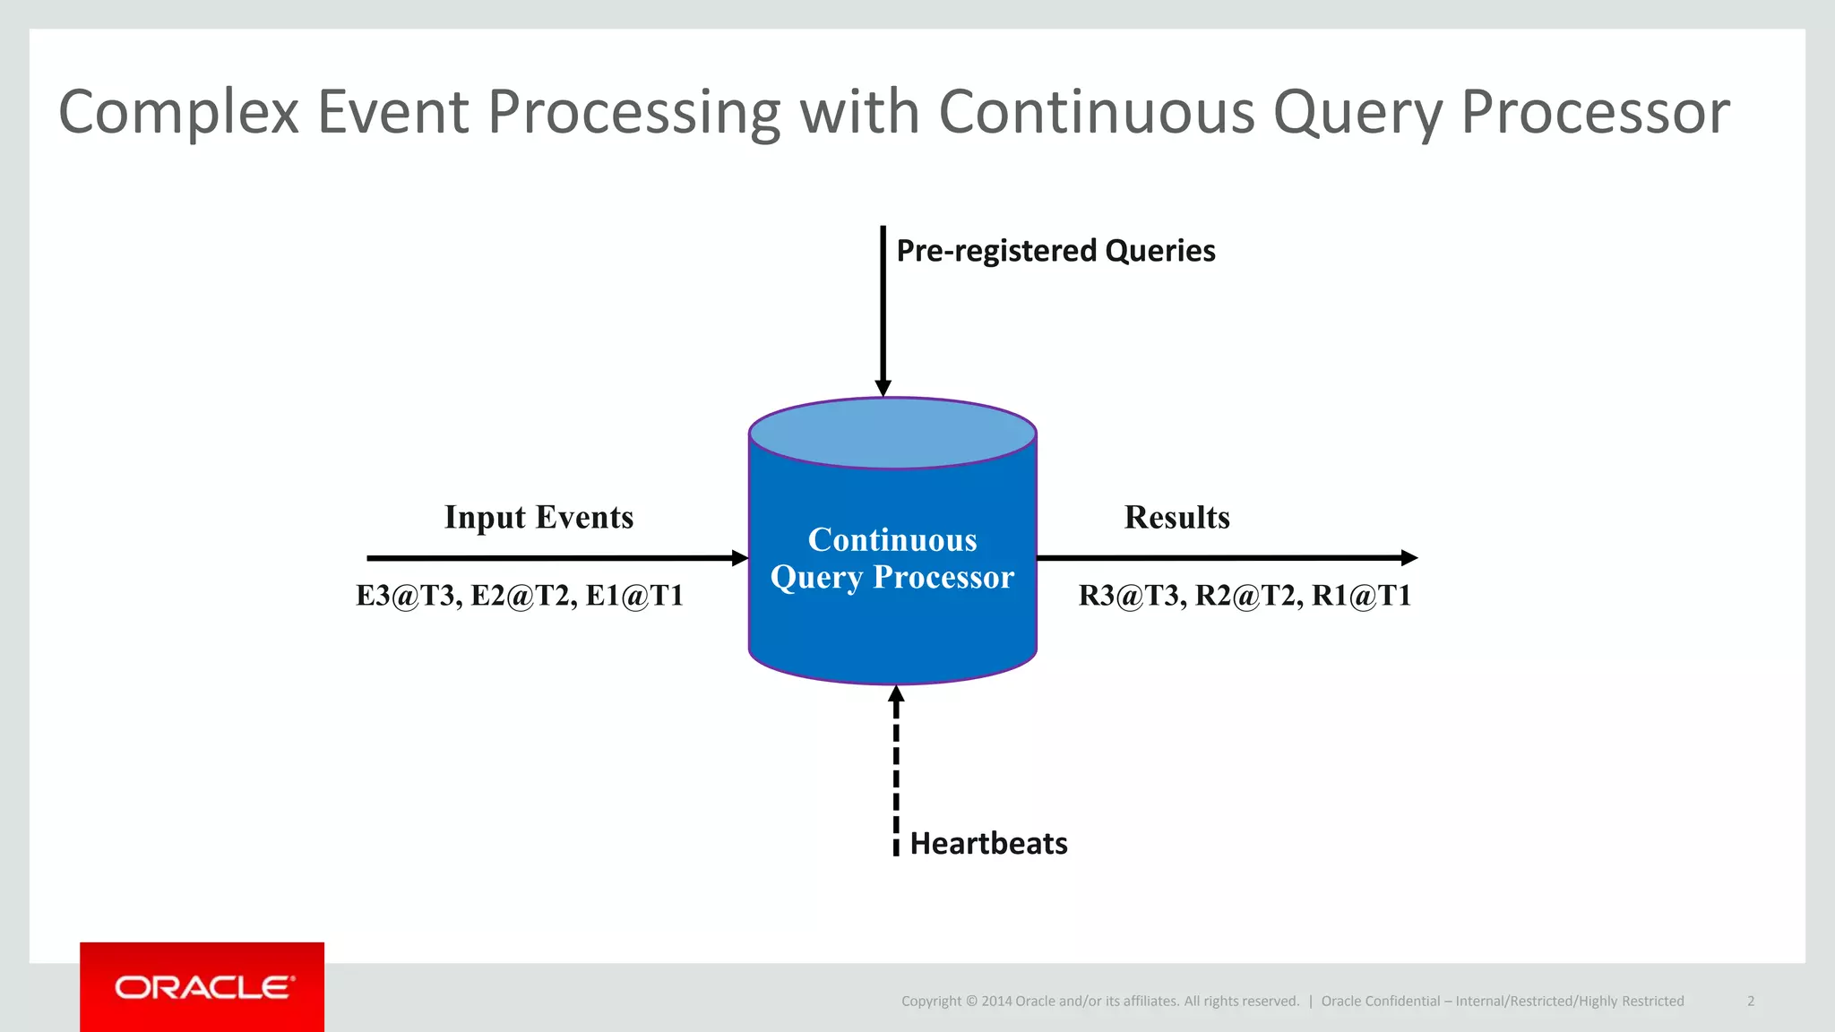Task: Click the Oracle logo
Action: pos(202,987)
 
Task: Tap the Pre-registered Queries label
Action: pos(1055,251)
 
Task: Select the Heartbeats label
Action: pos(988,844)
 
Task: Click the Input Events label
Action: pos(538,518)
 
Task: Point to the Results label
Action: pos(1176,518)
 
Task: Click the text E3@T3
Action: pos(407,596)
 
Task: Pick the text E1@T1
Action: pos(634,596)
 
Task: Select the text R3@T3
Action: pos(1130,596)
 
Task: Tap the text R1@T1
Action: pos(1361,596)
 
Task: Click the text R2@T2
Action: pos(1246,596)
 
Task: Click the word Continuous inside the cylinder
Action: pos(892,540)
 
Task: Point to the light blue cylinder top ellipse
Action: pos(892,434)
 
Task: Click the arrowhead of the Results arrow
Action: pos(1409,558)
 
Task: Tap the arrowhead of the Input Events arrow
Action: pos(739,558)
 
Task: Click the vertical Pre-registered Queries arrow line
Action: pos(883,305)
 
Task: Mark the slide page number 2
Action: pos(1750,1002)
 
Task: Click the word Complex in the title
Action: pos(178,113)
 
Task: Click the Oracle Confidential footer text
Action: pos(1502,1002)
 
